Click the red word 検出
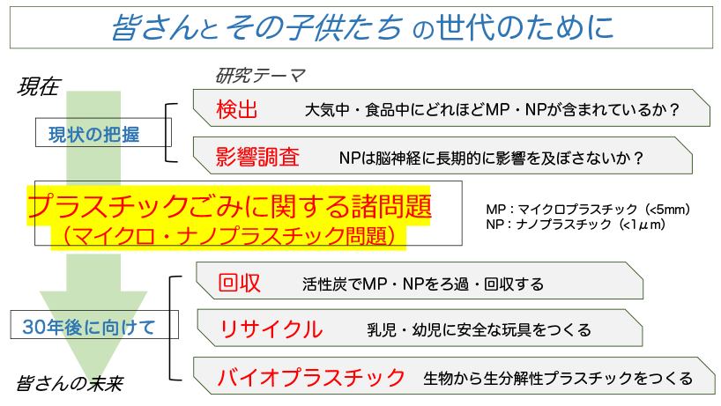point(237,110)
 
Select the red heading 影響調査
point(257,158)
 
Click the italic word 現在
point(38,86)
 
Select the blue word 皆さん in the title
point(146,28)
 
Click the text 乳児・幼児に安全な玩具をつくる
point(479,330)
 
